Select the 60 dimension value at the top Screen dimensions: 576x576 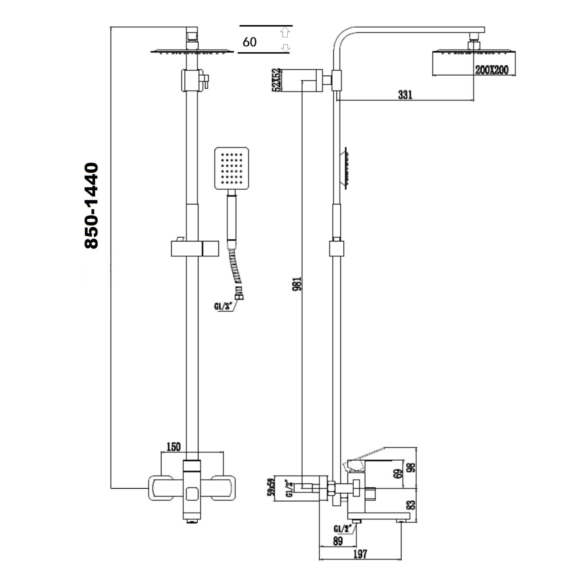250,41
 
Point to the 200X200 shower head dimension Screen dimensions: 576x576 492,70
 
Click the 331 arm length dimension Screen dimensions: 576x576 405,94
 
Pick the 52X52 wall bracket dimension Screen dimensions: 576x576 276,80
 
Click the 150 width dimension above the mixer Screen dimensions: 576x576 173,447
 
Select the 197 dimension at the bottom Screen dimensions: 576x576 359,554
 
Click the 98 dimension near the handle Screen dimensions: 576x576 411,468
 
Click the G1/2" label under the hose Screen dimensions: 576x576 223,306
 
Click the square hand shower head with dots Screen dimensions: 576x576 232,168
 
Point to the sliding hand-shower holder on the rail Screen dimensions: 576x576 195,248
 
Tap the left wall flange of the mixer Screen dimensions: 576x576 161,488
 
